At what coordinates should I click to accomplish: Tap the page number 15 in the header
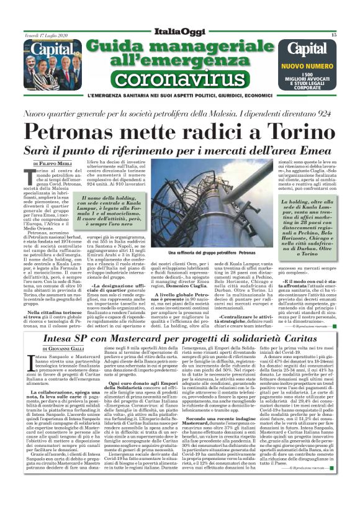click(333, 35)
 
